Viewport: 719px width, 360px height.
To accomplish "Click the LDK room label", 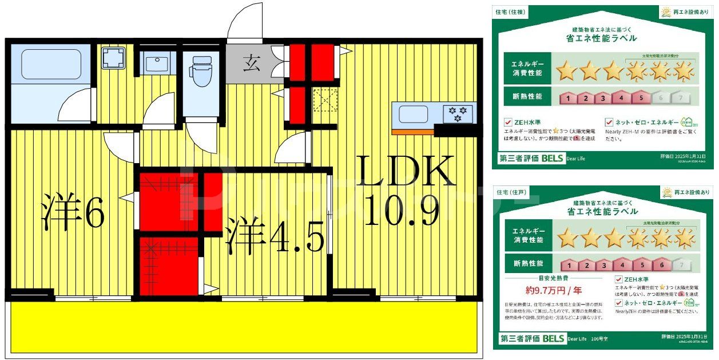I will click(x=407, y=171).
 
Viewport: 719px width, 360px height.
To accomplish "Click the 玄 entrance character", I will click(x=250, y=63).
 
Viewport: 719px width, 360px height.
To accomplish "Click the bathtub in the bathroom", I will click(x=51, y=64).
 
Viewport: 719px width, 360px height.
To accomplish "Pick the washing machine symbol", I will click(x=113, y=58).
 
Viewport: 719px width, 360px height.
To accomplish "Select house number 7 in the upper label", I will click(x=680, y=98).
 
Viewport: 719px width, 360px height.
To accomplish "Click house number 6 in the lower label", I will click(x=661, y=265).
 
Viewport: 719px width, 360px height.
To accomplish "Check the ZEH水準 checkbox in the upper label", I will click(x=507, y=122).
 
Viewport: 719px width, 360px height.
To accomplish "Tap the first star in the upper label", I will click(x=567, y=72).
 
